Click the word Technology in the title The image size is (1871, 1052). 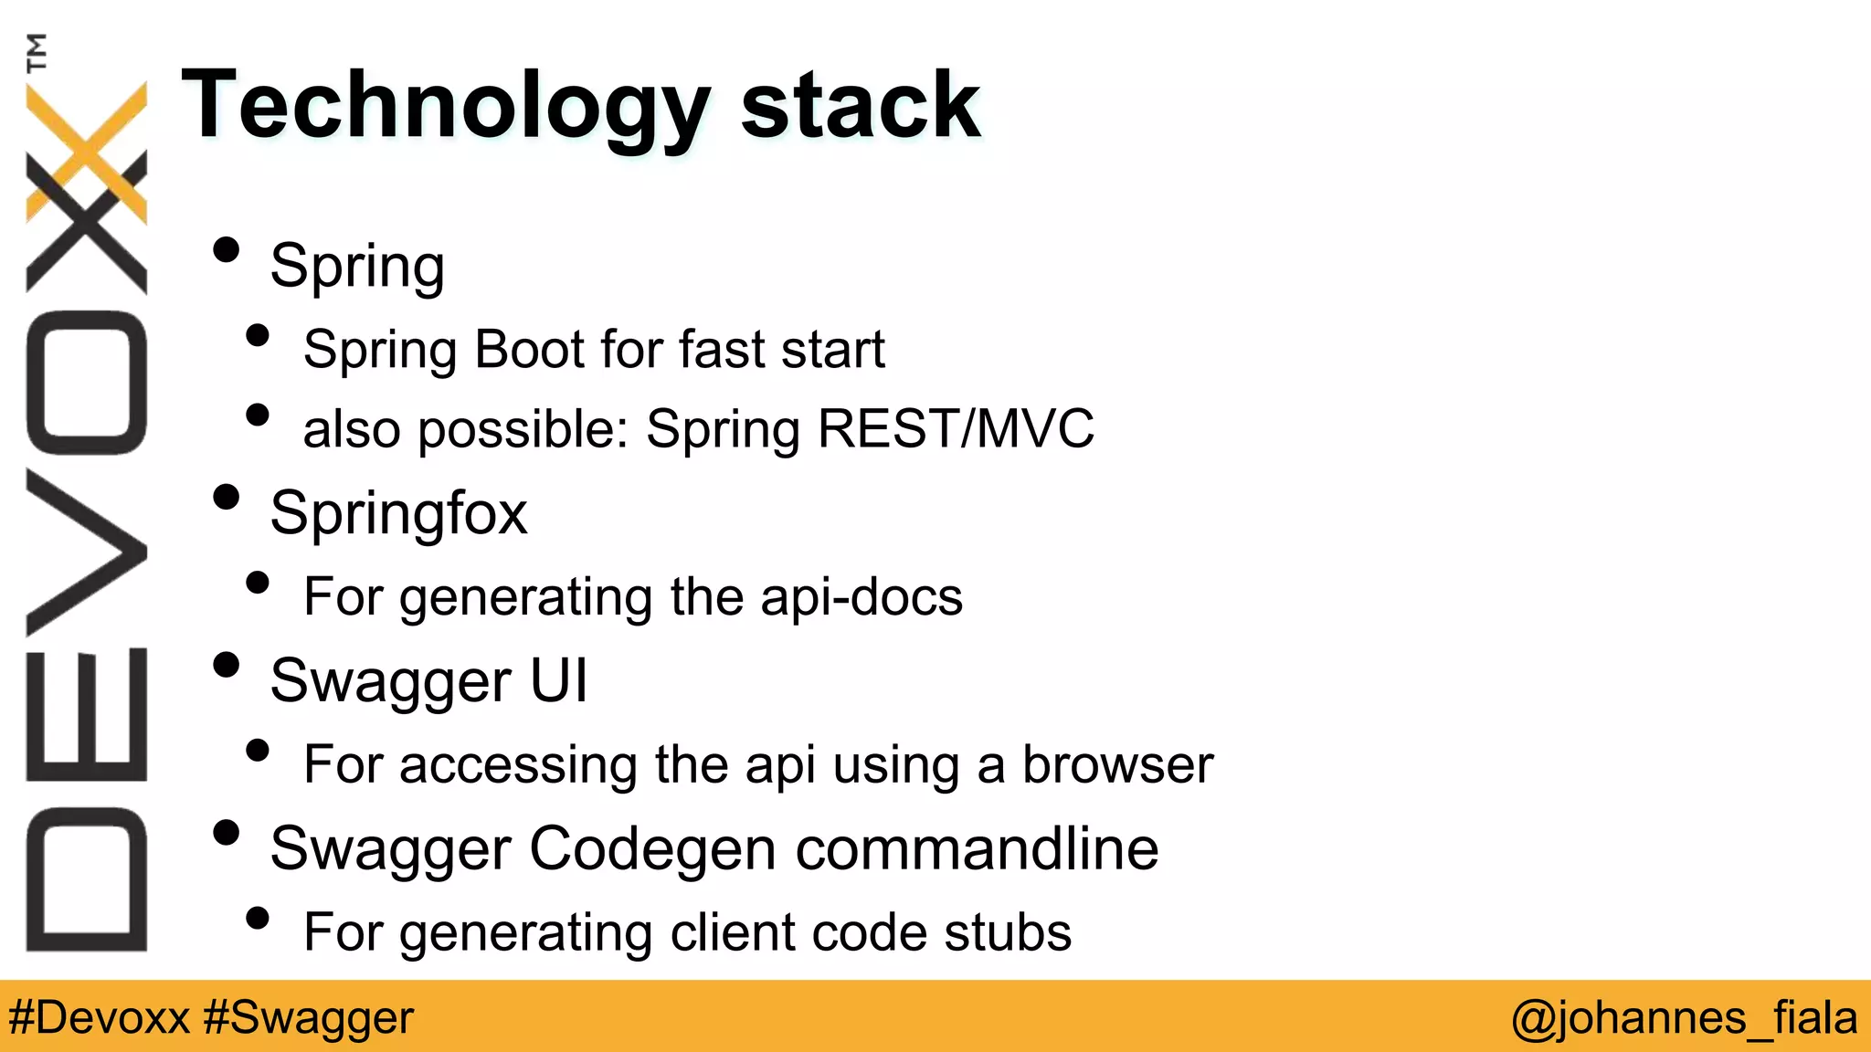[x=446, y=108]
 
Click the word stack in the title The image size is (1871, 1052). [x=860, y=106]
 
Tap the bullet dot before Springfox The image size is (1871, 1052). [x=226, y=498]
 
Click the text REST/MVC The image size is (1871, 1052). [x=956, y=428]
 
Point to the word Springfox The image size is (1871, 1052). [x=398, y=513]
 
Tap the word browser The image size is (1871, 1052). [x=1117, y=764]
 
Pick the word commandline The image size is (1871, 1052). [x=977, y=848]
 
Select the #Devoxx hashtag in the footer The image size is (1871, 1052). [x=99, y=1017]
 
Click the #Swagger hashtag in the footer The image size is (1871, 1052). [x=309, y=1017]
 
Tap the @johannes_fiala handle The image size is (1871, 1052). [x=1684, y=1017]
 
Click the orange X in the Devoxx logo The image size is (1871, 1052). [x=87, y=151]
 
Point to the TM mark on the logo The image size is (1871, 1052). [x=37, y=52]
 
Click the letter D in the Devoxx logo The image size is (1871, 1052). [x=87, y=878]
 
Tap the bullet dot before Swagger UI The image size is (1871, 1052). [x=226, y=665]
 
